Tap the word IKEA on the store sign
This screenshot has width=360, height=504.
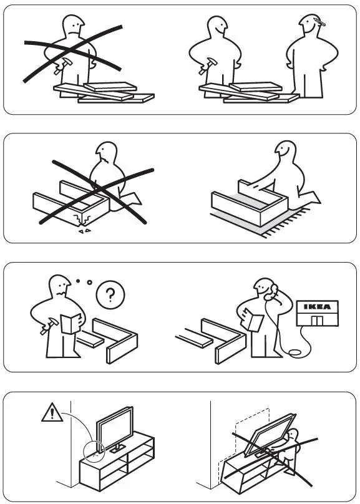(x=318, y=306)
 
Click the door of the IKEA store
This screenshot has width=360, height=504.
(x=319, y=321)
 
